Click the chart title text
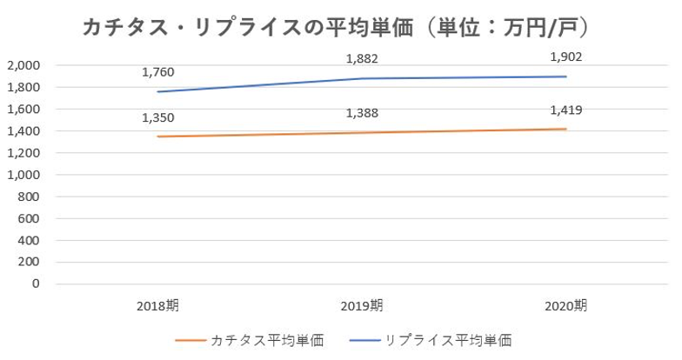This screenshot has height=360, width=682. click(x=339, y=29)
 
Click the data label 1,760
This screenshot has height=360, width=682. click(x=158, y=72)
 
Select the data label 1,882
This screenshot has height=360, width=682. click(x=362, y=58)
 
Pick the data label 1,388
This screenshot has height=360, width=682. click(x=362, y=112)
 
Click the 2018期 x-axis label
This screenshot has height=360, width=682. click(x=158, y=305)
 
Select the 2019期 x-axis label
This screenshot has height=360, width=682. click(x=362, y=305)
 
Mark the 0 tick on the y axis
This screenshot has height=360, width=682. click(x=37, y=283)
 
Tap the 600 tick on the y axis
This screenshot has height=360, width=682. click(x=28, y=218)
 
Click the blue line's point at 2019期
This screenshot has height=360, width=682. click(x=362, y=79)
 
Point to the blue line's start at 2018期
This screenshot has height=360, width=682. click(x=158, y=92)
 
